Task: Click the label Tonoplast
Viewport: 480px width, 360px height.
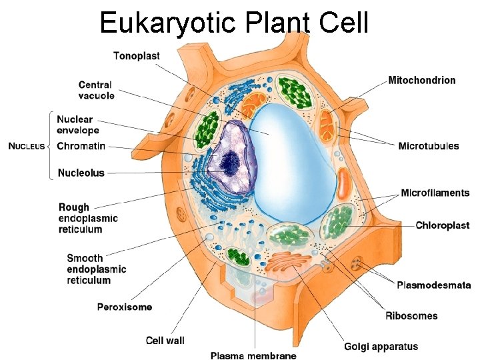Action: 136,56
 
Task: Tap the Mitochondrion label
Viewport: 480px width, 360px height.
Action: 422,80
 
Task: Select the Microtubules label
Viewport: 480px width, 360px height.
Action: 428,146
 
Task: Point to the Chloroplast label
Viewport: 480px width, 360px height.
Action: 442,225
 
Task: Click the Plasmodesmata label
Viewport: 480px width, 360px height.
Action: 433,285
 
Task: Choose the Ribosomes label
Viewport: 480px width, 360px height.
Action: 411,315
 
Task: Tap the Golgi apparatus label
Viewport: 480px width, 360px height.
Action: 381,346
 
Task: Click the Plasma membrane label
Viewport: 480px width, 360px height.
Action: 253,355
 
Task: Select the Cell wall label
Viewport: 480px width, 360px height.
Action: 165,340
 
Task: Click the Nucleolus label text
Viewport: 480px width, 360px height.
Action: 81,173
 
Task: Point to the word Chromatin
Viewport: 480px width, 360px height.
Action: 81,146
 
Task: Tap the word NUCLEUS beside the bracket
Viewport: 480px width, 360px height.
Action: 27,146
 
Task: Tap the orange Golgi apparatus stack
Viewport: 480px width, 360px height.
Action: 292,263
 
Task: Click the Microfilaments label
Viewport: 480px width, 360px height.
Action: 435,193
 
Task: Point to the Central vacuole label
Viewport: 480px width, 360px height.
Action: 96,90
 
